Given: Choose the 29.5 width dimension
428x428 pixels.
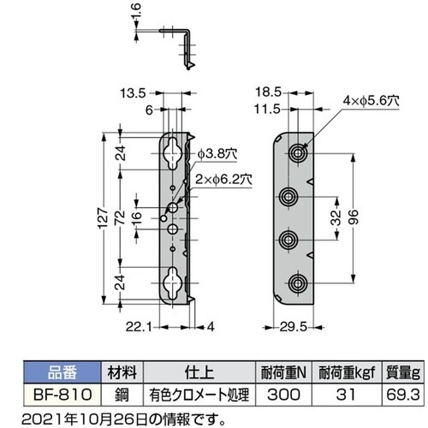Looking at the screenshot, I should [294, 326].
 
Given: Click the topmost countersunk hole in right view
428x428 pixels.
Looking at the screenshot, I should [297, 152].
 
